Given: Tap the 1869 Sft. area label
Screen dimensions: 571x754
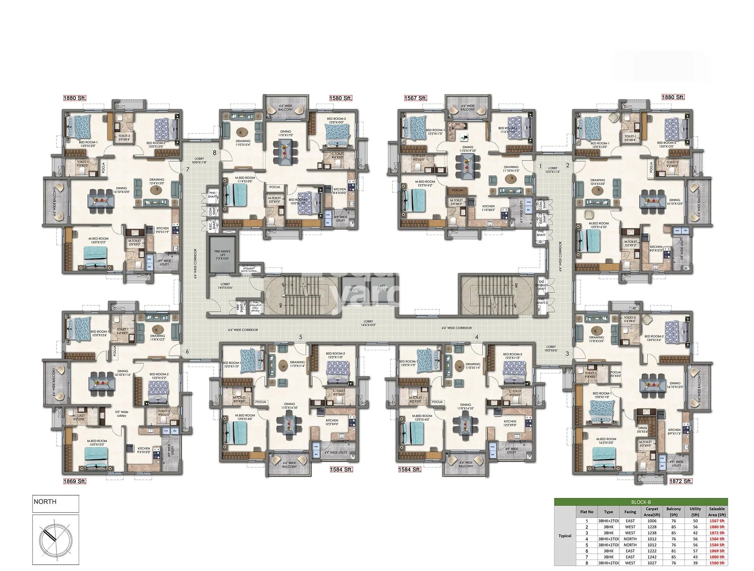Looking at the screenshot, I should click(75, 481).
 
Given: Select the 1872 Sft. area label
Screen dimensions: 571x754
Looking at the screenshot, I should click(681, 481).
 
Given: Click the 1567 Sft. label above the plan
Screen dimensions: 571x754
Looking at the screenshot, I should click(415, 98).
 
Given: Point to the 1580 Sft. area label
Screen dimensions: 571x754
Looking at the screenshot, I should click(340, 98).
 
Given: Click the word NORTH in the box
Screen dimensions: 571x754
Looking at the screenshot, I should click(45, 502).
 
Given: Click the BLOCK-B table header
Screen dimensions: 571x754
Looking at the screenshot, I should click(641, 502).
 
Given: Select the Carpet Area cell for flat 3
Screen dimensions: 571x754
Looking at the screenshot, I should click(652, 533).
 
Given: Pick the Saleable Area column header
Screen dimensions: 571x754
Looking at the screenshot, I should click(717, 511).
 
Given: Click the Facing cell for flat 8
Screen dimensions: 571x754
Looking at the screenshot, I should click(630, 563).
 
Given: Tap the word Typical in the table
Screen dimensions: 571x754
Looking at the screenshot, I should click(565, 536).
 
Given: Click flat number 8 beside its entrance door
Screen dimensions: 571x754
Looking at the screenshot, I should click(215, 153).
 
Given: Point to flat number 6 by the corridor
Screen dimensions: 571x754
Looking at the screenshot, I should click(187, 351).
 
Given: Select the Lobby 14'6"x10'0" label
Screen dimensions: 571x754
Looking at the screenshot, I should click(368, 323).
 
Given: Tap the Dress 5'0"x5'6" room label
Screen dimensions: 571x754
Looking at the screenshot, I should click(642, 430).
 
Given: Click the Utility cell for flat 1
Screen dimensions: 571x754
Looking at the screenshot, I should click(695, 521).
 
